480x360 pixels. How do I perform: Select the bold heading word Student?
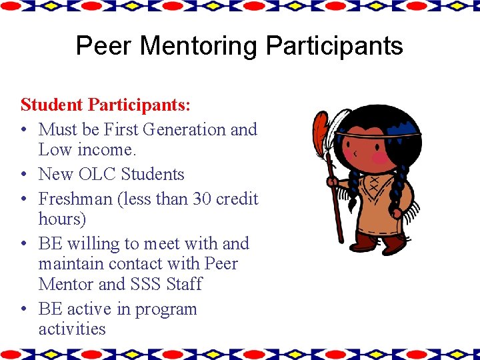pos(52,105)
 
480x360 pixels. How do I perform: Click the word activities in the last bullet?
pos(72,329)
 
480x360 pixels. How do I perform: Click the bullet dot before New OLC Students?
pos(24,175)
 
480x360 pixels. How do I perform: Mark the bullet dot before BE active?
pos(24,309)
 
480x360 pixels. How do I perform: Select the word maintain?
pos(71,264)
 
